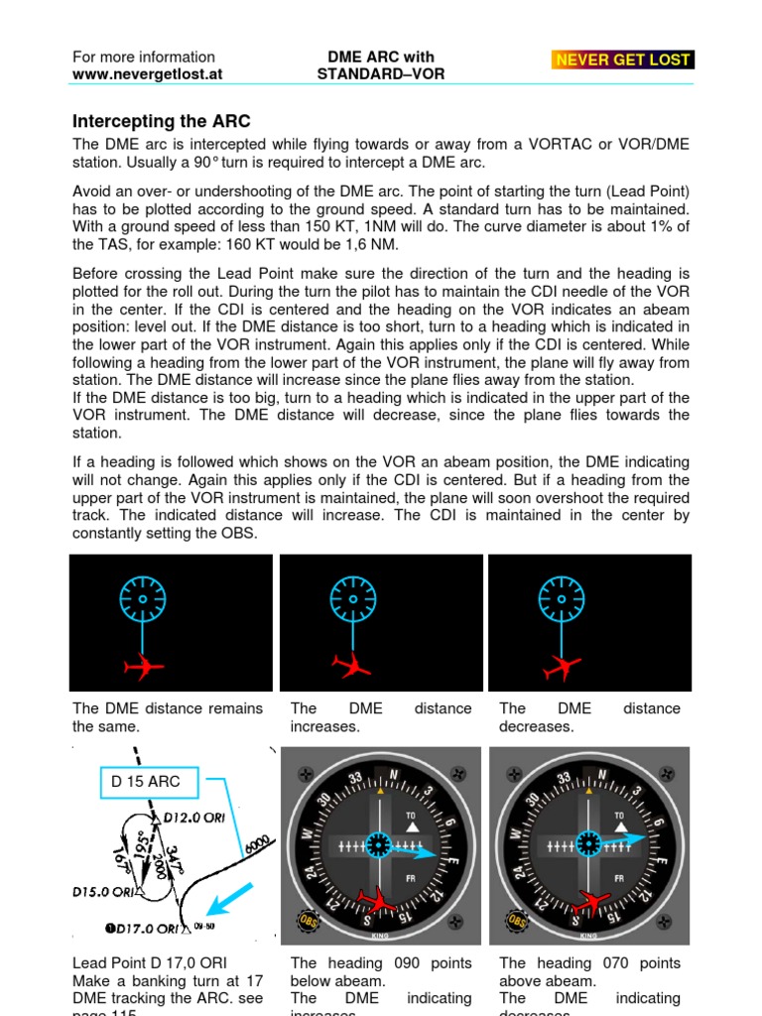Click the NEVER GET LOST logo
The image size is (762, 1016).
pos(623,60)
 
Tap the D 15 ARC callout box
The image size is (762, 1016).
pos(146,781)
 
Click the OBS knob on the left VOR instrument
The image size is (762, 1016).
pos(302,920)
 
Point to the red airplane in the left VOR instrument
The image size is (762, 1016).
pos(376,901)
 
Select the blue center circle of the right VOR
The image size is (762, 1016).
pos(589,844)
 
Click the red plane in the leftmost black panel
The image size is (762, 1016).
pos(144,667)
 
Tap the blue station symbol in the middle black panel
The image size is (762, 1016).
pos(353,599)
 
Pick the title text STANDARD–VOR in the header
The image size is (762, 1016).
pos(380,74)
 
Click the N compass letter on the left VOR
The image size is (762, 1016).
pos(394,774)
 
